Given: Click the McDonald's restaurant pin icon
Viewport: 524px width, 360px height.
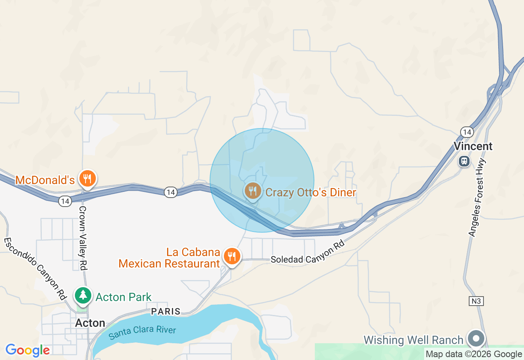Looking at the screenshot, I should coord(87,179).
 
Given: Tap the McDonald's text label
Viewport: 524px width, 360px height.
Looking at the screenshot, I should coord(45,180).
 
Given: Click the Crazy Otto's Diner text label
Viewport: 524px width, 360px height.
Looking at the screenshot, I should coord(311,192).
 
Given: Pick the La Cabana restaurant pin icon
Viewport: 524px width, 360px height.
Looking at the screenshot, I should coord(232,256).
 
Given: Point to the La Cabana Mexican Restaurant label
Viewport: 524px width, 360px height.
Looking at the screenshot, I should coord(169,258).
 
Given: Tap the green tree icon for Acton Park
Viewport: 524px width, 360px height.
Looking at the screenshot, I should coord(83,295).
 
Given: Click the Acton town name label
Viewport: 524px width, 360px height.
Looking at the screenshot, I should coord(90,323).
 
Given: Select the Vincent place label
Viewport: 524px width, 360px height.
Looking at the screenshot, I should coord(473,146).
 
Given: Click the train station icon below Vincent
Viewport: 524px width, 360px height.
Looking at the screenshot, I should coord(464,161).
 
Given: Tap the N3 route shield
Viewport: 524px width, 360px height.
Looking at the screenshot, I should coord(476,301).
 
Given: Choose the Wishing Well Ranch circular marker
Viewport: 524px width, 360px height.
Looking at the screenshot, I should coord(476,339).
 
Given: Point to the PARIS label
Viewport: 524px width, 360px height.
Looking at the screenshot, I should coord(166,311).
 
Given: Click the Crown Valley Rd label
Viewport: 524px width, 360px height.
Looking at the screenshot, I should coord(83,238).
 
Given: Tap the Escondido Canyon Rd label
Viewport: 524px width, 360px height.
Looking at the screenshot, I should coord(35,268).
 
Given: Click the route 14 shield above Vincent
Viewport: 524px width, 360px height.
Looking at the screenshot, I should coord(467,132).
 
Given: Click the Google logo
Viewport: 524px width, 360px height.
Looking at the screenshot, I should coord(27,350).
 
